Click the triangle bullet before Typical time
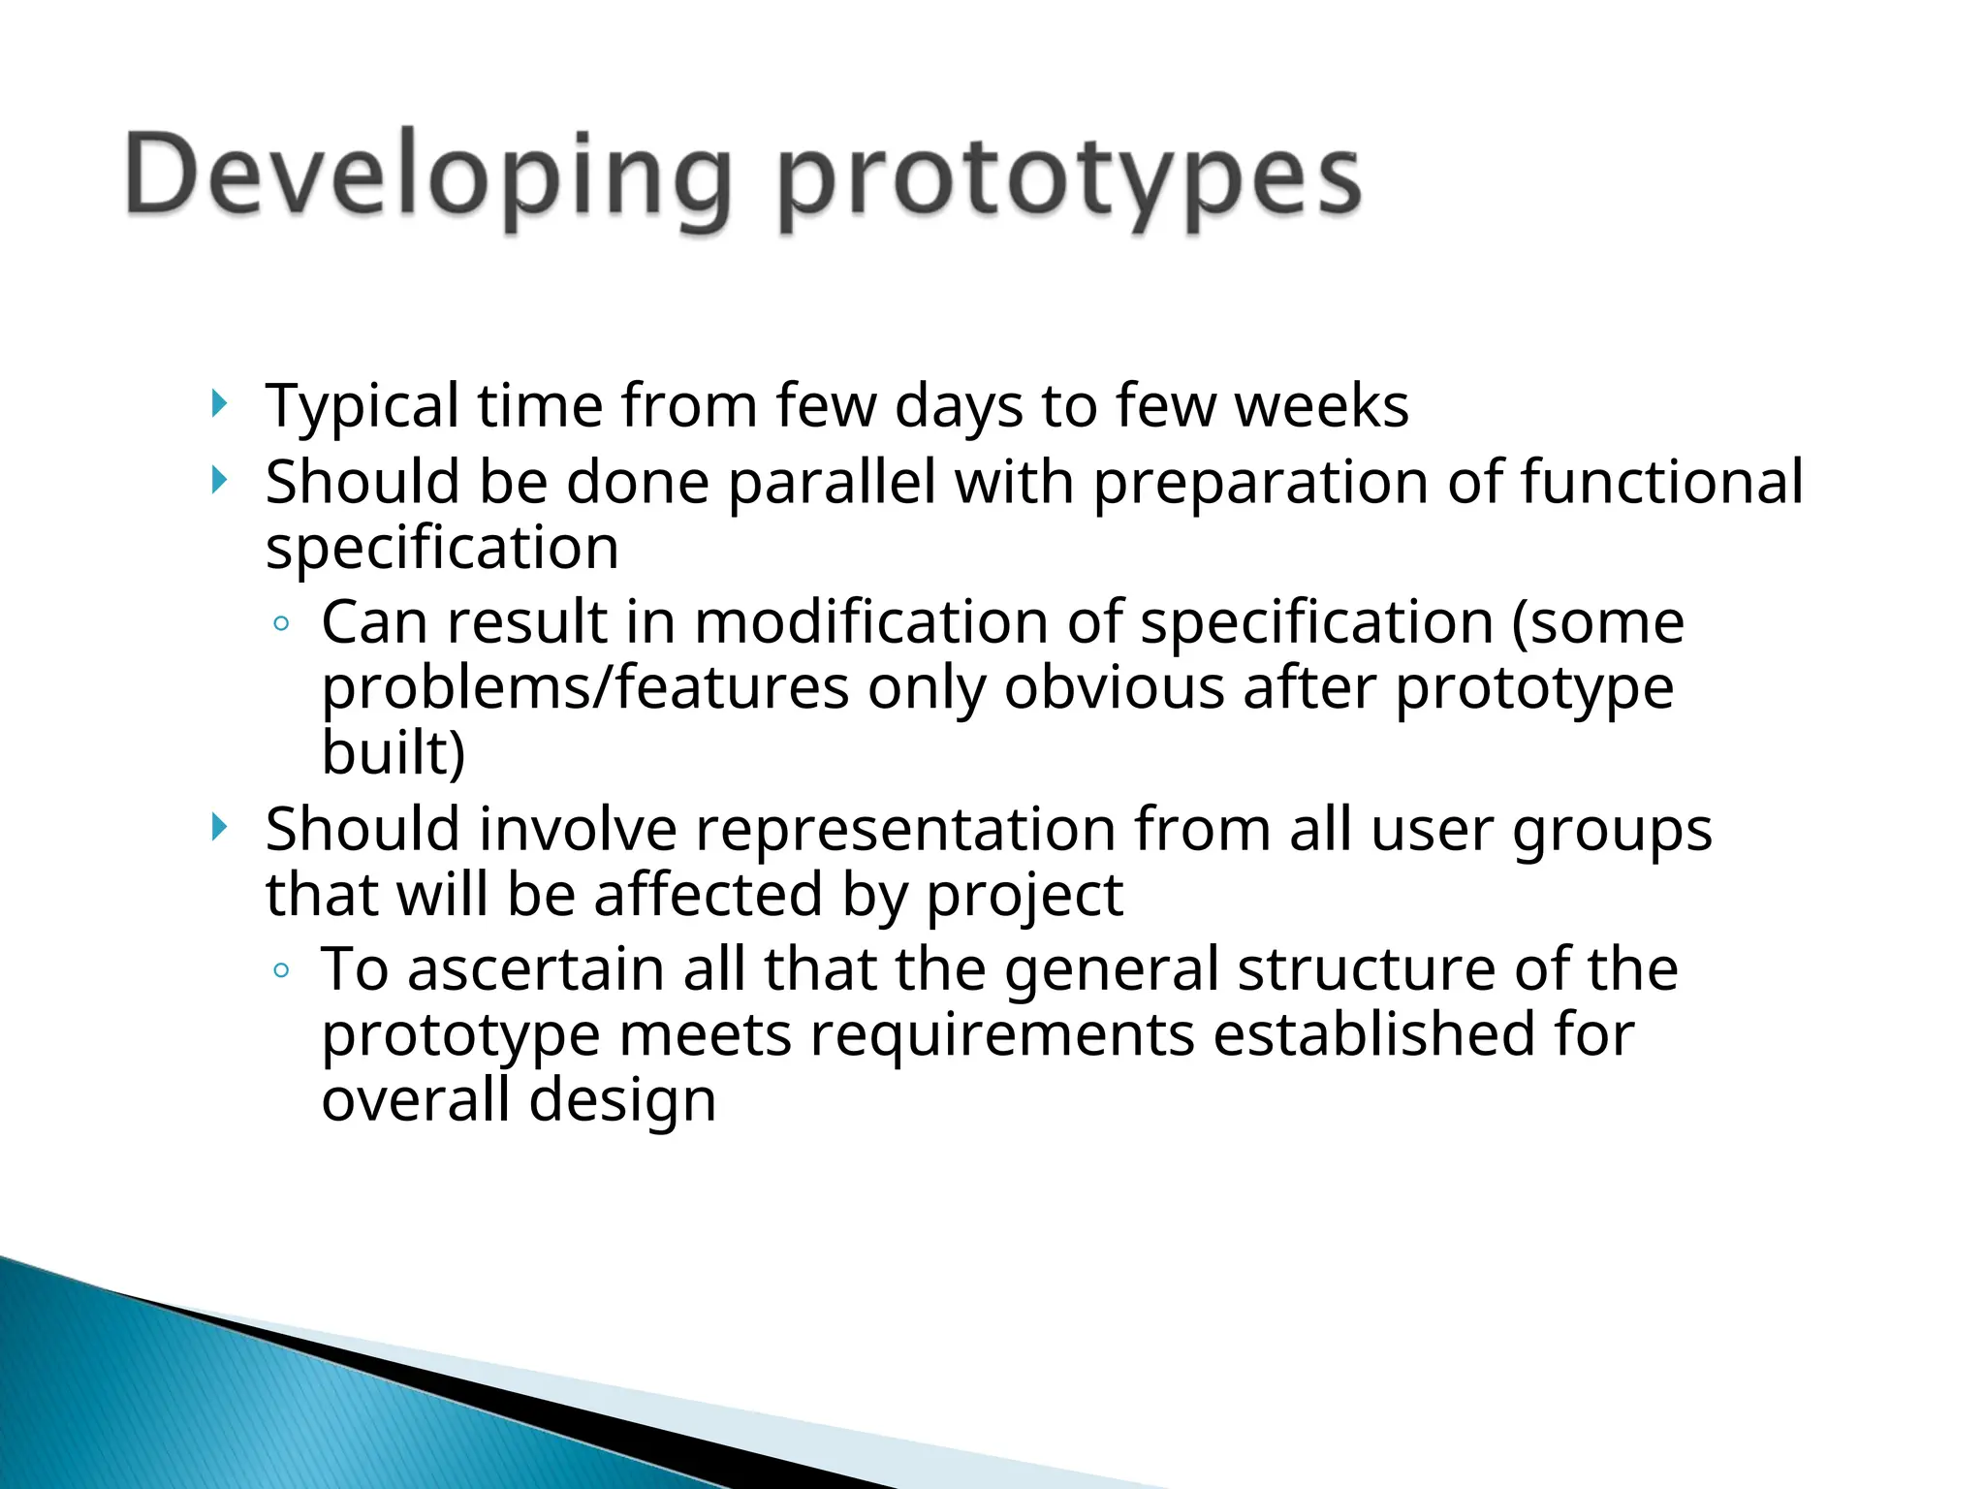click(x=220, y=403)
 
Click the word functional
click(x=1661, y=482)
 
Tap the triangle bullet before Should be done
click(x=220, y=480)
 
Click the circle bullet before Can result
click(x=281, y=624)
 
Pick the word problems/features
click(x=585, y=688)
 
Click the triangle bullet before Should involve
click(x=220, y=827)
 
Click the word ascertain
click(x=536, y=969)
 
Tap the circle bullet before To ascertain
click(x=281, y=970)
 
